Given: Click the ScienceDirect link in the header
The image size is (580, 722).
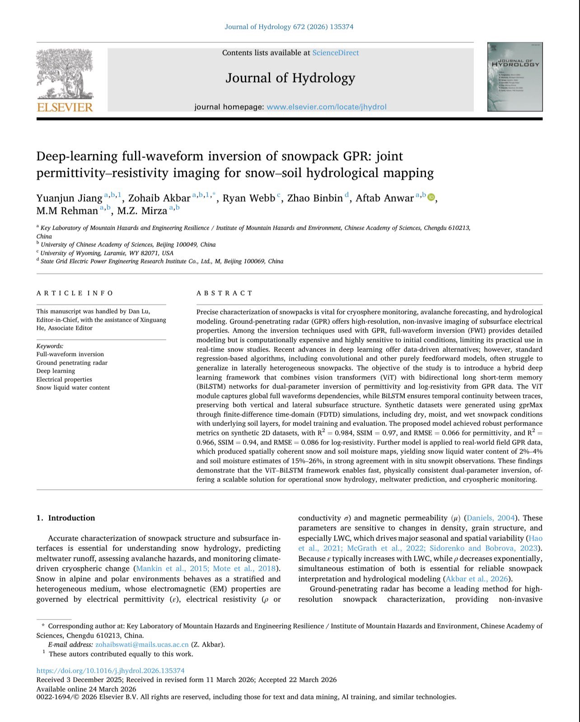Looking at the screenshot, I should tap(335, 53).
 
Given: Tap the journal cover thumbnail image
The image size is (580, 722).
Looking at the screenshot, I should tap(515, 77).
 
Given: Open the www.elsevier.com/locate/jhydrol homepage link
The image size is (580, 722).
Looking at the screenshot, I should tap(326, 107).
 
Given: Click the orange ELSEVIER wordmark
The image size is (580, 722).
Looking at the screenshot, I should tap(65, 107).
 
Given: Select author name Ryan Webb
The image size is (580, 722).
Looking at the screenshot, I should tap(248, 198).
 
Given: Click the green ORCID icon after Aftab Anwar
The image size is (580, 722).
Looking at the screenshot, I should tap(431, 197).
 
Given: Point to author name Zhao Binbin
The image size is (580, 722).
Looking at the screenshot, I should tap(315, 198).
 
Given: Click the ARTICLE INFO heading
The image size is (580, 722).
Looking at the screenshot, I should tap(75, 293).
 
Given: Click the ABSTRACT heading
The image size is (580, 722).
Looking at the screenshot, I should tap(225, 293).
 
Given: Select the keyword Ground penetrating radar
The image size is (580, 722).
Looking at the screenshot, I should tap(72, 363).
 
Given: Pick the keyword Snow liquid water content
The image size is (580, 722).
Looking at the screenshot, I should tap(73, 388).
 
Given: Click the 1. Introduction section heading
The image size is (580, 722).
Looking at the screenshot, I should tap(66, 518).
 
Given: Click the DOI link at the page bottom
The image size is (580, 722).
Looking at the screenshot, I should tap(110, 671).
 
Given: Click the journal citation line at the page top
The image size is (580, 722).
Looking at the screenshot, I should tap(289, 27).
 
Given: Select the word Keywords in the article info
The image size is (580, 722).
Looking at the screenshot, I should tap(50, 346).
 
